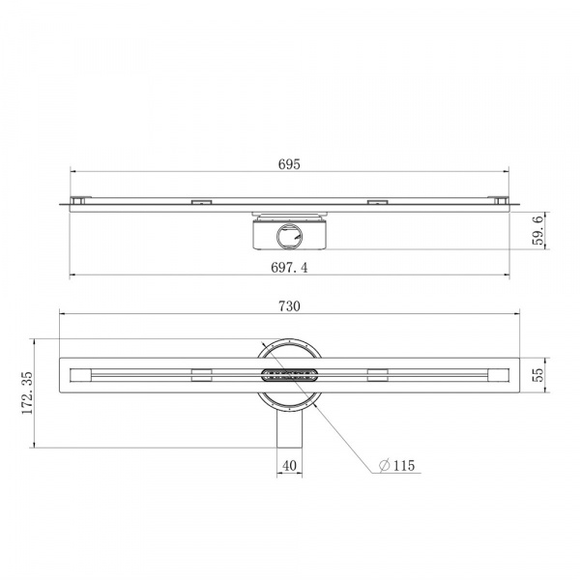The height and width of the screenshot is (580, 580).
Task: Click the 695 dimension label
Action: [289, 164]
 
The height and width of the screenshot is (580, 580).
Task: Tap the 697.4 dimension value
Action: [289, 267]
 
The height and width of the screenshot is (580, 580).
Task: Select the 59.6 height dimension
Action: [538, 231]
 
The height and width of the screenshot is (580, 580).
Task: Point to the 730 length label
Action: [289, 306]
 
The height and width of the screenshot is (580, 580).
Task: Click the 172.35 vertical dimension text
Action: [27, 392]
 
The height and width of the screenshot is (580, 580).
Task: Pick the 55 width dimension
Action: [538, 375]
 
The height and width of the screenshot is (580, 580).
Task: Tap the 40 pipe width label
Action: [289, 466]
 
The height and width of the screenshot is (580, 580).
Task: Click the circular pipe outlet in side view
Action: [289, 236]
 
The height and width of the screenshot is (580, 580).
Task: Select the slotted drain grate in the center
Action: [289, 375]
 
